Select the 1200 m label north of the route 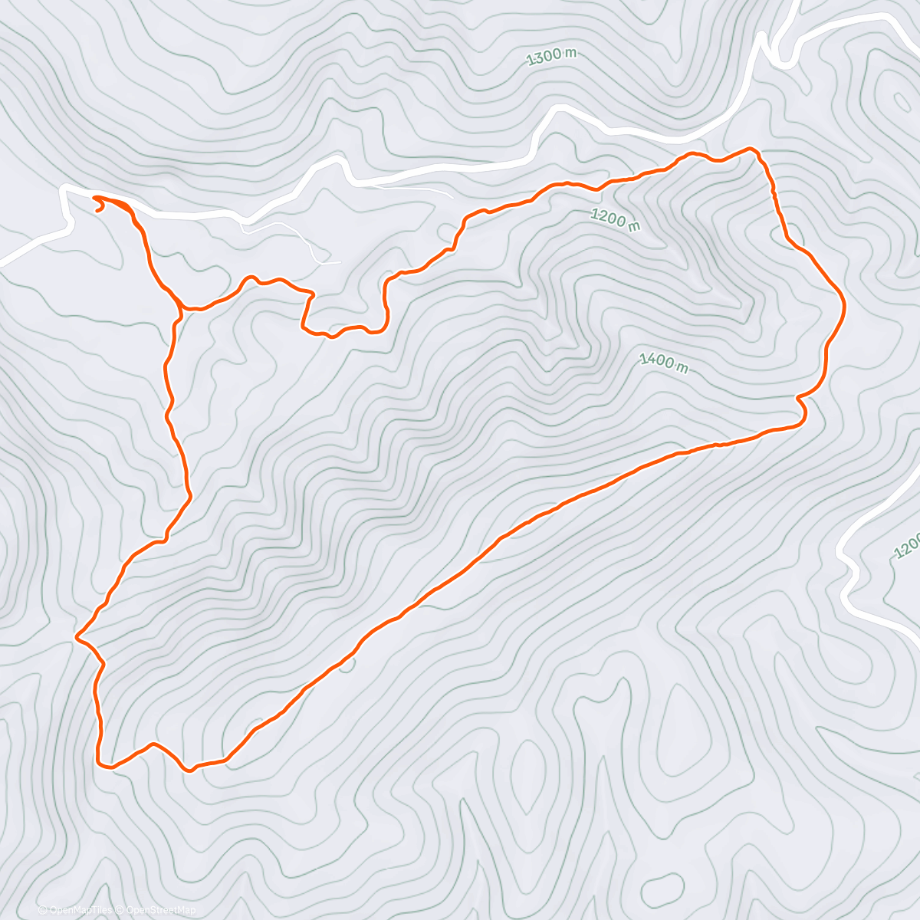pos(615,219)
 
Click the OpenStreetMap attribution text pos(159,910)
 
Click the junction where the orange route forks pos(183,309)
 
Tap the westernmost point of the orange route pos(77,636)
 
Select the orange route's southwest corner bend pos(100,762)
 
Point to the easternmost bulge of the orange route pos(843,305)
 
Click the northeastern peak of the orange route pos(752,149)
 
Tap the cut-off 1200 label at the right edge pos(909,544)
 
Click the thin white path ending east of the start pos(337,263)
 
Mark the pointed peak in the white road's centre pos(558,112)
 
